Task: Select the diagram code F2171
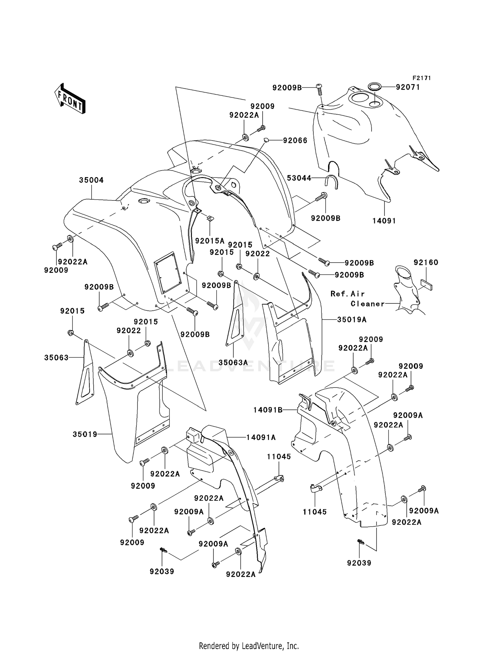pyautogui.click(x=422, y=78)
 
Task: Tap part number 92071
pyautogui.click(x=408, y=87)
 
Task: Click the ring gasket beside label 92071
pyautogui.click(x=375, y=87)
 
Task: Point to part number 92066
pyautogui.click(x=295, y=140)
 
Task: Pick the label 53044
pyautogui.click(x=299, y=178)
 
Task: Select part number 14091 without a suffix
pyautogui.click(x=384, y=221)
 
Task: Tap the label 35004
pyautogui.click(x=91, y=180)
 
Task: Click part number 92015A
pyautogui.click(x=210, y=241)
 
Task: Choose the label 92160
pyautogui.click(x=426, y=263)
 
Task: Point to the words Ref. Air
pyautogui.click(x=348, y=294)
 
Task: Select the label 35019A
pyautogui.click(x=352, y=320)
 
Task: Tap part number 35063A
pyautogui.click(x=233, y=363)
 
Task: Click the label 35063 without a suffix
pyautogui.click(x=56, y=358)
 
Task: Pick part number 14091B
pyautogui.click(x=268, y=410)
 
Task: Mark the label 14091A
pyautogui.click(x=261, y=437)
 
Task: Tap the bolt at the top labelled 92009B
pyautogui.click(x=319, y=87)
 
